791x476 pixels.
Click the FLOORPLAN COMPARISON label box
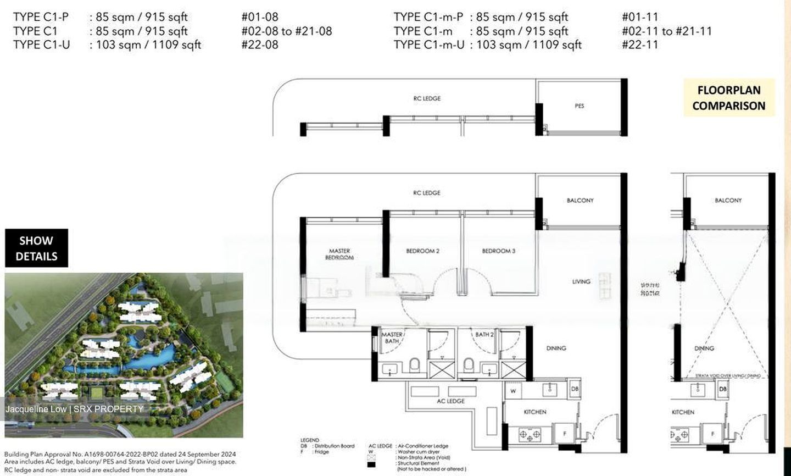728,98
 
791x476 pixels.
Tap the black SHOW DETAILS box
36,248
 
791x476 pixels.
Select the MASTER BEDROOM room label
339,254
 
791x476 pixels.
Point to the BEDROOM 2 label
422,251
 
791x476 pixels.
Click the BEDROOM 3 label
498,251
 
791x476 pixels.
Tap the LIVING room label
581,281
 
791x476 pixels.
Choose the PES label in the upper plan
580,106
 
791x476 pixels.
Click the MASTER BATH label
392,337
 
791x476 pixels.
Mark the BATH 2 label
484,334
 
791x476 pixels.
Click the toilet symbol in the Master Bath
415,365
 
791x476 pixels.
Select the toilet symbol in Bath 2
469,365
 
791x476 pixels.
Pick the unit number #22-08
259,45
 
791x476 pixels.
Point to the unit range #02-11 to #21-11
666,31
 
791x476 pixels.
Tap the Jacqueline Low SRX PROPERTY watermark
75,409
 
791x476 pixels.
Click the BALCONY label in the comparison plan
728,201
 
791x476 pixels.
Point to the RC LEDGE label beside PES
427,98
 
